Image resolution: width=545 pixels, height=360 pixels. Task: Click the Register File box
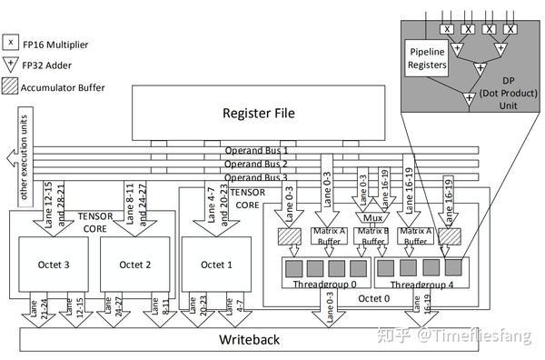click(258, 114)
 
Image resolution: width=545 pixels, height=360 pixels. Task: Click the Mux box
click(370, 218)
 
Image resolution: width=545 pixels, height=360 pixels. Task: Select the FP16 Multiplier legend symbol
click(9, 41)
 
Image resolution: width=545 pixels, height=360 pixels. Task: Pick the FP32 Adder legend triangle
click(9, 64)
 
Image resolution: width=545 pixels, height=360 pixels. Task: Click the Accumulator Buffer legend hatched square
click(9, 87)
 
